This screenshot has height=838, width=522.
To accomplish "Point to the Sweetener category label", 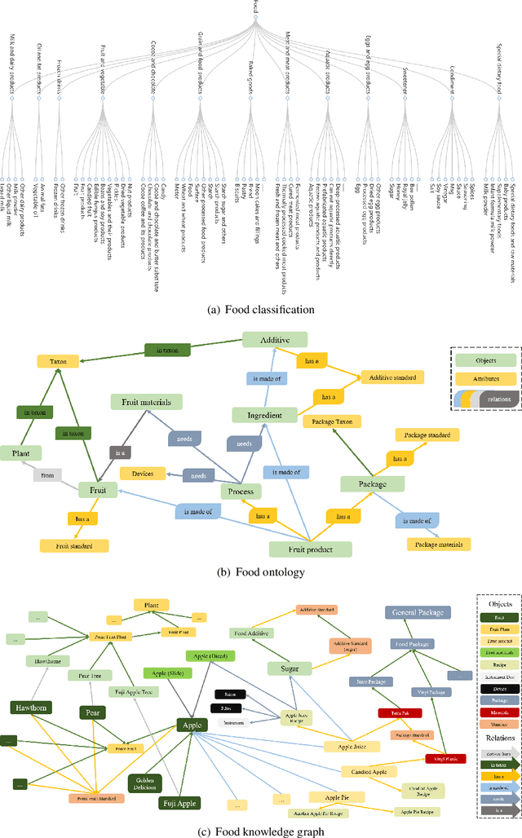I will tap(405, 82).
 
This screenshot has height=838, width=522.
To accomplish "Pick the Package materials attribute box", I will tap(438, 544).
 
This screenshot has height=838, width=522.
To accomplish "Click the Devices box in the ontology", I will tap(142, 472).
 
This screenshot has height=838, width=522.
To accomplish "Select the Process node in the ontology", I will tap(241, 492).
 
